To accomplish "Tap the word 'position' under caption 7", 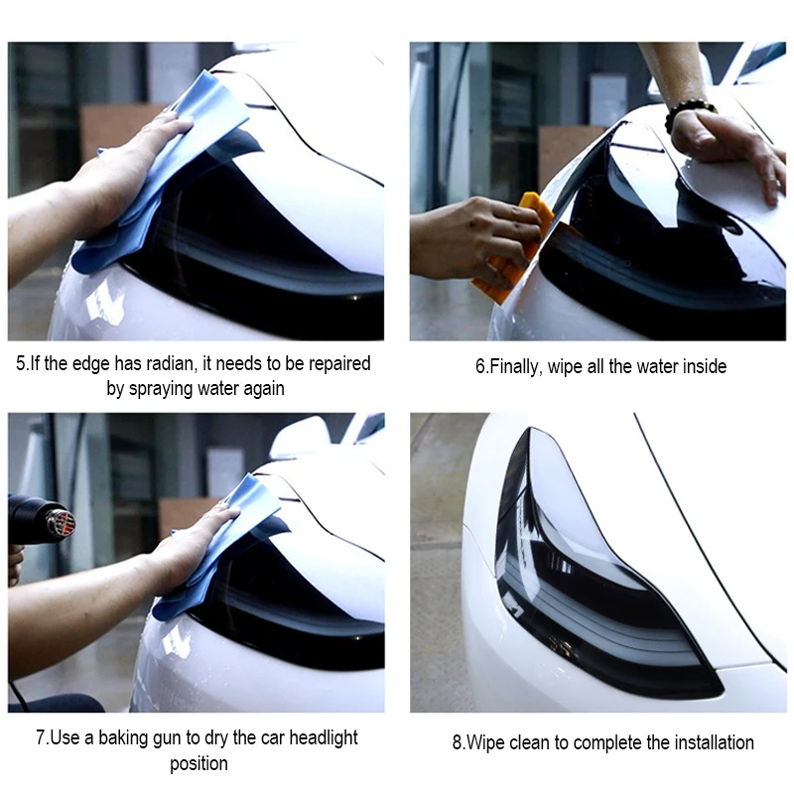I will pyautogui.click(x=198, y=763).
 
